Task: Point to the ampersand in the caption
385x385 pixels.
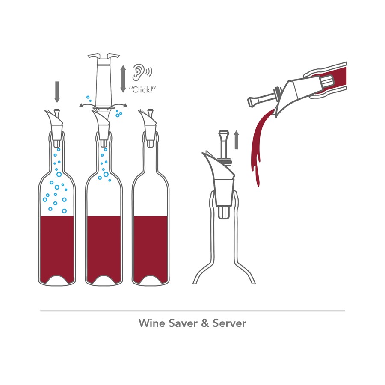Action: (x=205, y=323)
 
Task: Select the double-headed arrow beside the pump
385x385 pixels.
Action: (x=123, y=79)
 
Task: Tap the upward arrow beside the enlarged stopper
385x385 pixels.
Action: (x=236, y=140)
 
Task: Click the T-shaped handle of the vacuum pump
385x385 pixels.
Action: (x=104, y=56)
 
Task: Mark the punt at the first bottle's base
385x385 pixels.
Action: (x=57, y=280)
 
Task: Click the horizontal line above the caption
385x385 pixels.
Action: (x=192, y=311)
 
